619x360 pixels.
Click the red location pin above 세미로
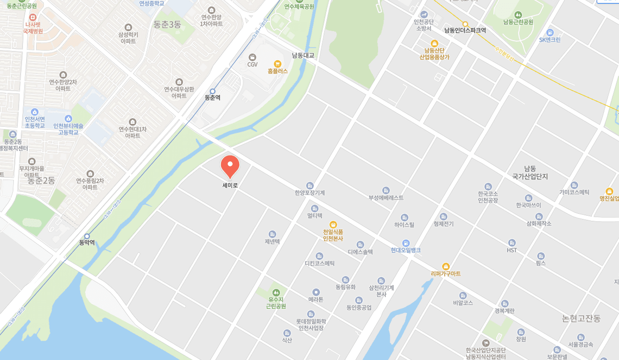click(x=230, y=166)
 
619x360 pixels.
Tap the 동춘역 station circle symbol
click(x=213, y=91)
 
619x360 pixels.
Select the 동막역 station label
click(x=87, y=243)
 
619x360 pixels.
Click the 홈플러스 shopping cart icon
click(x=278, y=64)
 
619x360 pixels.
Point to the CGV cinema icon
click(x=252, y=57)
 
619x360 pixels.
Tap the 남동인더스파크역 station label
click(x=465, y=31)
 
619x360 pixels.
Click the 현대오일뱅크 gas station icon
click(x=406, y=243)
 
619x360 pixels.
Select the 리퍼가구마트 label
click(x=446, y=274)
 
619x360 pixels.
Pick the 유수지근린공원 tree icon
click(x=276, y=292)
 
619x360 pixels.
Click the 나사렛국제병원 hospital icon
click(x=32, y=17)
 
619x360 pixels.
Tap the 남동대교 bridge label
click(x=303, y=55)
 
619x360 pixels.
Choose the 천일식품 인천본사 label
click(x=333, y=235)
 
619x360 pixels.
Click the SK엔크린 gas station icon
click(x=550, y=32)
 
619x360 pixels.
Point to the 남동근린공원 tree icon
click(x=518, y=15)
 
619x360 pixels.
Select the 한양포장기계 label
click(x=310, y=193)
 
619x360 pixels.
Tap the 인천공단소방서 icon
click(x=424, y=14)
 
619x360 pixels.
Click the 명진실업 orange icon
click(x=610, y=191)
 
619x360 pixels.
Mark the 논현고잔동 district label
click(x=581, y=318)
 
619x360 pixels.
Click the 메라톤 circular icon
click(x=316, y=292)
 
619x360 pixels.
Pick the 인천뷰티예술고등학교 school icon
click(x=68, y=119)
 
